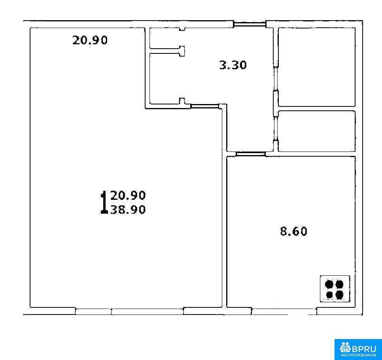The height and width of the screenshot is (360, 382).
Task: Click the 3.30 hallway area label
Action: (x=233, y=65)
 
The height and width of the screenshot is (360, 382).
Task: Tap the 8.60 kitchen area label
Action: (x=293, y=231)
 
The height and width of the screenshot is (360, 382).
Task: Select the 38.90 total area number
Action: (x=128, y=209)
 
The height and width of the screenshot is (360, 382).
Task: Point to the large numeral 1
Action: (x=104, y=202)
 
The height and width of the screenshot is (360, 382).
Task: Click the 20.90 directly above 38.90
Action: (x=128, y=195)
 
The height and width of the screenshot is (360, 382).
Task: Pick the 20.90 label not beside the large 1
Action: (x=90, y=40)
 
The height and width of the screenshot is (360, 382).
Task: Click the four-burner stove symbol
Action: (x=335, y=289)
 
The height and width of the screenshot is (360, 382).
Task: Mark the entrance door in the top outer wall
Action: (x=250, y=24)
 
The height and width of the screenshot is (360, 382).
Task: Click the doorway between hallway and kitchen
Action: (x=250, y=154)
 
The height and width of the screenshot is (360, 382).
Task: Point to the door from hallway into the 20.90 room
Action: (x=205, y=106)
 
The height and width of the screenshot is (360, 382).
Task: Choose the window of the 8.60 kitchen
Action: (x=284, y=311)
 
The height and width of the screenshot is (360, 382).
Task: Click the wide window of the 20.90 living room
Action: (x=129, y=311)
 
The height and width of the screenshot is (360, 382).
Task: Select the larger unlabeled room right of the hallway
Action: (x=317, y=67)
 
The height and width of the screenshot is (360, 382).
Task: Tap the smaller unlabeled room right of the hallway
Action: (x=317, y=131)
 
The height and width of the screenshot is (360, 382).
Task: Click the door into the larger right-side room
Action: (x=276, y=79)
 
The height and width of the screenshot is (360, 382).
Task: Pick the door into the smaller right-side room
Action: (x=276, y=129)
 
